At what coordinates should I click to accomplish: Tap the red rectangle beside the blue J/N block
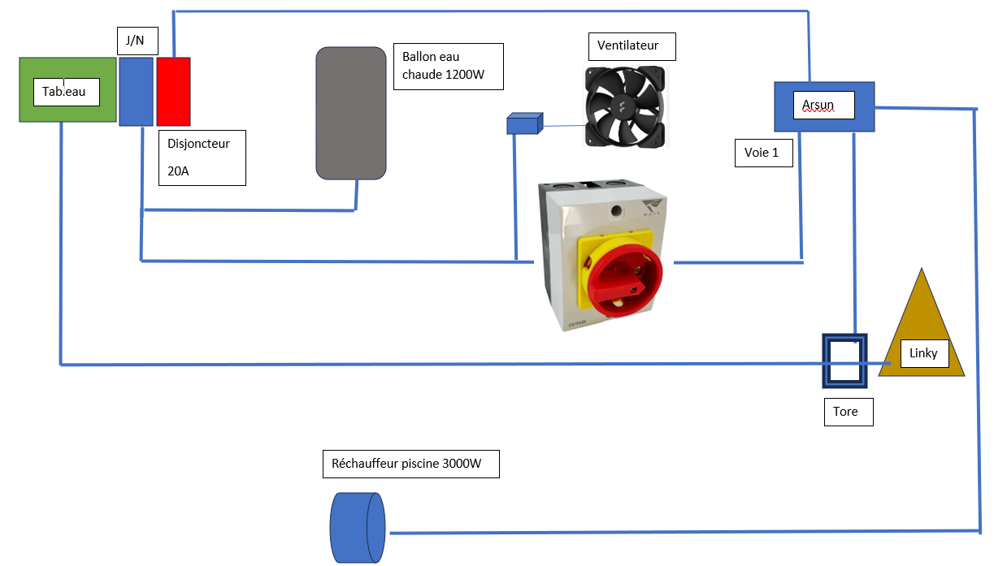173,91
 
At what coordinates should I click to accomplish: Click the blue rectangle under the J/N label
136,91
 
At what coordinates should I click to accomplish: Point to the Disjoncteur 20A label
202,157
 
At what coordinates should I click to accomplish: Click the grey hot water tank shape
350,113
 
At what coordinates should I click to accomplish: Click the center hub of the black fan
626,106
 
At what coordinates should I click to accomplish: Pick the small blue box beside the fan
523,124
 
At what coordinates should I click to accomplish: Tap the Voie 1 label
762,153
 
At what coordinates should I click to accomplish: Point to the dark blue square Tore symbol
844,360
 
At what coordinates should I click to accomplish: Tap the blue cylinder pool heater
358,528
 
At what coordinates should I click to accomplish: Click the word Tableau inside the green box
66,92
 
